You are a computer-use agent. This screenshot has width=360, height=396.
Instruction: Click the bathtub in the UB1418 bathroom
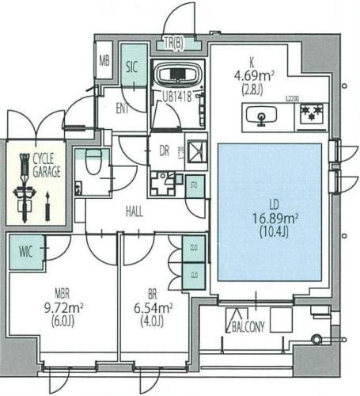coord(178,77)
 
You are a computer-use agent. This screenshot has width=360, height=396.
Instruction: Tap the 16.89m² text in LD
coord(268,219)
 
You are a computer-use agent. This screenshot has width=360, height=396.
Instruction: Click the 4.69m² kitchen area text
coord(252,77)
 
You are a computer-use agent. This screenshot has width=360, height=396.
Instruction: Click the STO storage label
coord(194,188)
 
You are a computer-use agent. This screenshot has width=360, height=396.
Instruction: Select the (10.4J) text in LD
coord(268,233)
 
